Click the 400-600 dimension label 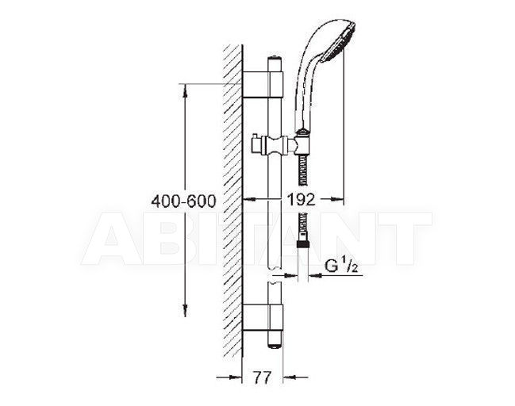pyautogui.click(x=183, y=201)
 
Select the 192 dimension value pyautogui.click(x=301, y=199)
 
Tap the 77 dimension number pyautogui.click(x=263, y=377)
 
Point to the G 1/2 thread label pyautogui.click(x=341, y=266)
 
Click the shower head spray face pyautogui.click(x=348, y=41)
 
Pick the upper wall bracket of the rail pyautogui.click(x=263, y=84)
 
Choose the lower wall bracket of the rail pyautogui.click(x=263, y=317)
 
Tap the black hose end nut pyautogui.click(x=302, y=244)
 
